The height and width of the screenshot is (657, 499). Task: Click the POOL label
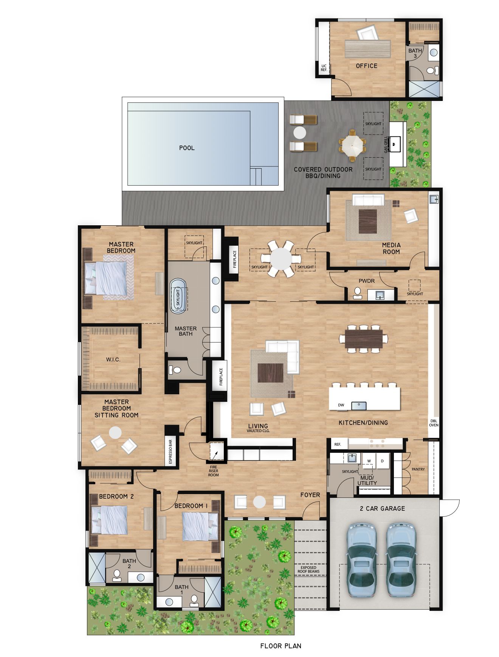click(187, 148)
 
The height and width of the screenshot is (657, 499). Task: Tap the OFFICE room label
click(366, 66)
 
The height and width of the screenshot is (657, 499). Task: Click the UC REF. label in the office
click(324, 68)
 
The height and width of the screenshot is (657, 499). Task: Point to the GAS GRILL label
click(386, 145)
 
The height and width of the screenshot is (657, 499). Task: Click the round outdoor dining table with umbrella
click(352, 145)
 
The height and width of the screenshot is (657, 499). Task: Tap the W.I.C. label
click(113, 359)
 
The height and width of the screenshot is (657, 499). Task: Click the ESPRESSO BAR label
click(170, 451)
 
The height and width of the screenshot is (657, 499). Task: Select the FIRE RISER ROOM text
click(214, 471)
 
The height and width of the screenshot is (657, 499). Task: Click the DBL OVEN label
click(434, 423)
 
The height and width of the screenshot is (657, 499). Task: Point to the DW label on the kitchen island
click(341, 405)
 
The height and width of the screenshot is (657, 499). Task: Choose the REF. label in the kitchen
click(338, 444)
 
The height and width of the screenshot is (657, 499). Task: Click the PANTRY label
click(418, 469)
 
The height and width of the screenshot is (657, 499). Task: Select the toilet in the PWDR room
click(357, 293)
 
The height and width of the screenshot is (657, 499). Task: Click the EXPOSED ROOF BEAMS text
click(308, 569)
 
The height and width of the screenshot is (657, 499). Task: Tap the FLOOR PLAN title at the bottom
click(281, 646)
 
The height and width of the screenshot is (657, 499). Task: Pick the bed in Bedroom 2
click(109, 521)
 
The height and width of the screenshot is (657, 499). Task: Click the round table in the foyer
click(259, 502)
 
